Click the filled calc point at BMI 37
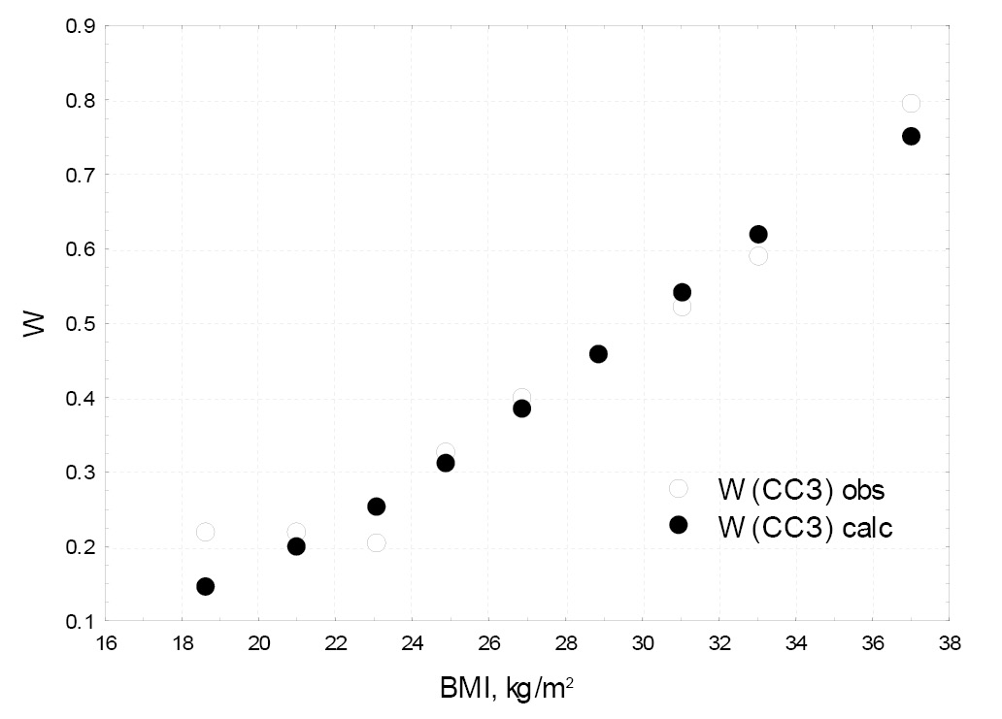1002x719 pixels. [911, 136]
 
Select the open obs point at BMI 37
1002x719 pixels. [911, 103]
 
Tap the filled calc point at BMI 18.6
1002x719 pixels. [205, 586]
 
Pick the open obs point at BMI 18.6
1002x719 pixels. [205, 532]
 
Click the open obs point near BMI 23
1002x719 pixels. [377, 542]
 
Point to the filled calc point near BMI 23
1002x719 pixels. [377, 507]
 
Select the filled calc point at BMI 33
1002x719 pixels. [758, 234]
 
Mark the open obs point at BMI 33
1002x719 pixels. [758, 256]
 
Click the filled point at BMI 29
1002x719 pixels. [598, 354]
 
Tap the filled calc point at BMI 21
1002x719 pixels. [296, 546]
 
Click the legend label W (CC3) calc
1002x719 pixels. [804, 525]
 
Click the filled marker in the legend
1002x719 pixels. [679, 525]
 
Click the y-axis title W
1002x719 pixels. [35, 323]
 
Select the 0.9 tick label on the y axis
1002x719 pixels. [81, 26]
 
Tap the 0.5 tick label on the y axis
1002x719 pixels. [81, 324]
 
